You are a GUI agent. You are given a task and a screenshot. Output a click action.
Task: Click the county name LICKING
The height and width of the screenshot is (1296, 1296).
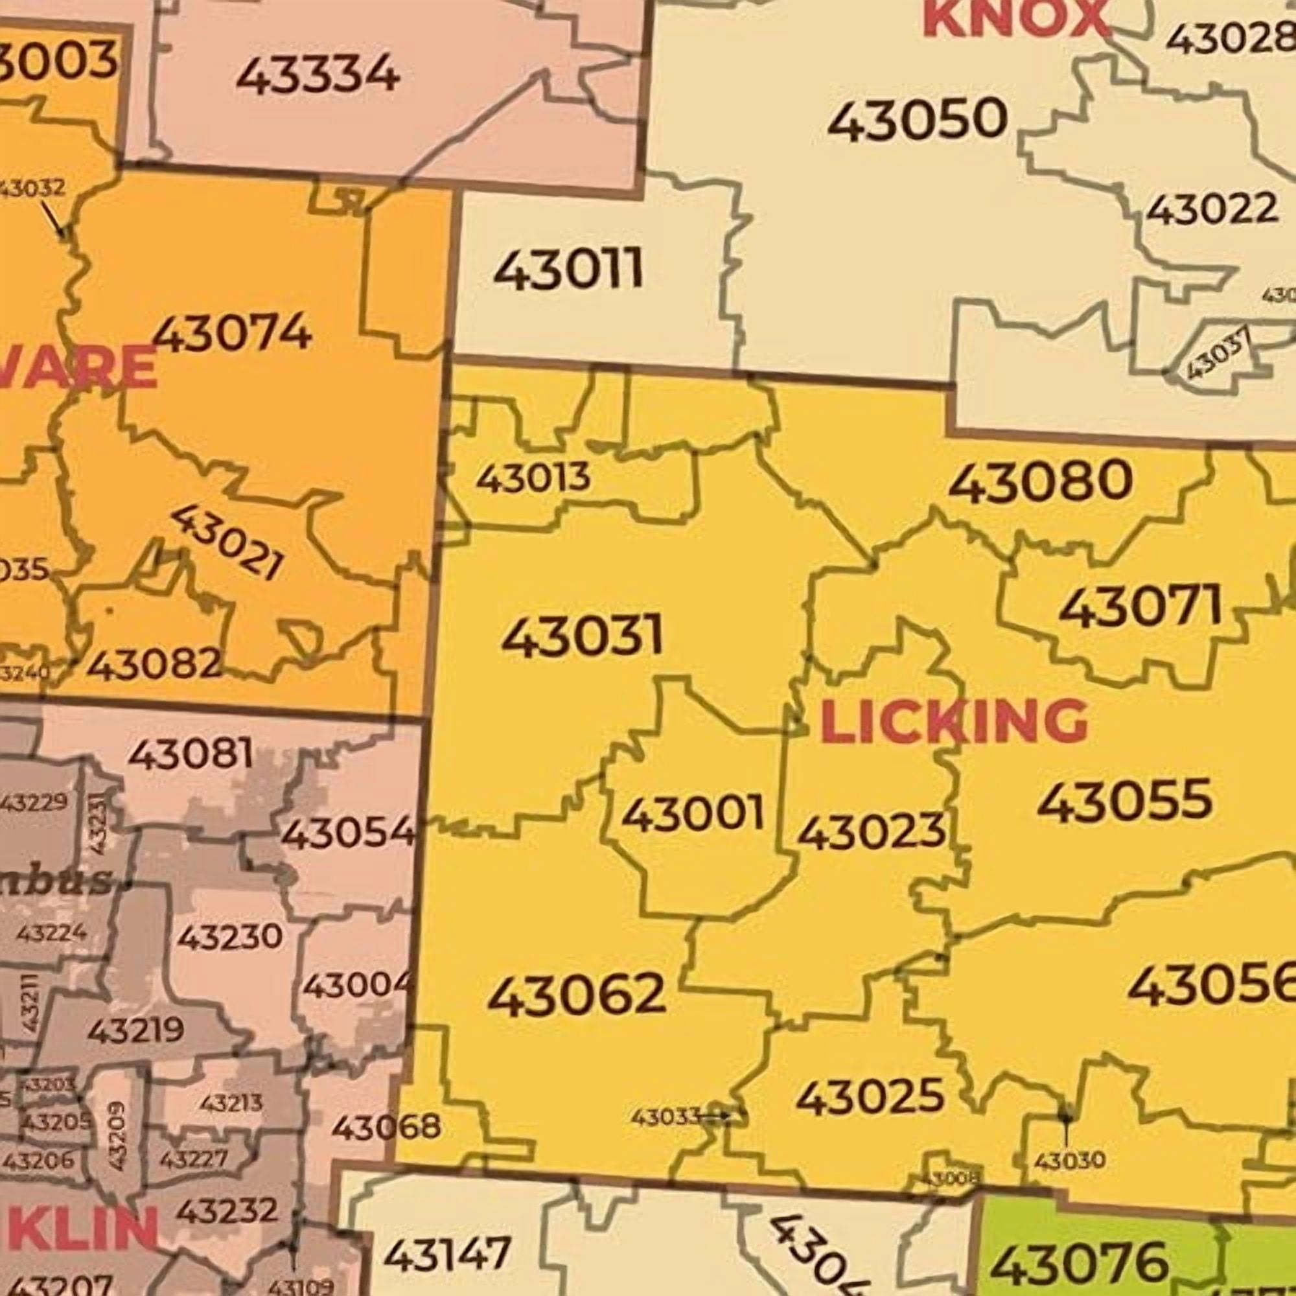coord(953,722)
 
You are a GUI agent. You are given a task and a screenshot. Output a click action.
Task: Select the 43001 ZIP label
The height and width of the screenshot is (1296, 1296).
coord(692,813)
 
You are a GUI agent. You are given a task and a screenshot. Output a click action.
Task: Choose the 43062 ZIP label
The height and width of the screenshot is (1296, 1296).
coord(575,995)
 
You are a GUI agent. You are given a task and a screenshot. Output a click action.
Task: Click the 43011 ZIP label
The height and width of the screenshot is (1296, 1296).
coord(568,270)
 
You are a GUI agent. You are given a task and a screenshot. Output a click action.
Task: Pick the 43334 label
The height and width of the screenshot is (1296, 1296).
coord(318,75)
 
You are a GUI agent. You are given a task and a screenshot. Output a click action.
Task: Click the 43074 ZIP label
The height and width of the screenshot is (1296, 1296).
coord(233,332)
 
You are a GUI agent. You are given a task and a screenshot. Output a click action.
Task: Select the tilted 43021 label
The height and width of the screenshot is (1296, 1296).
coord(226,542)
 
